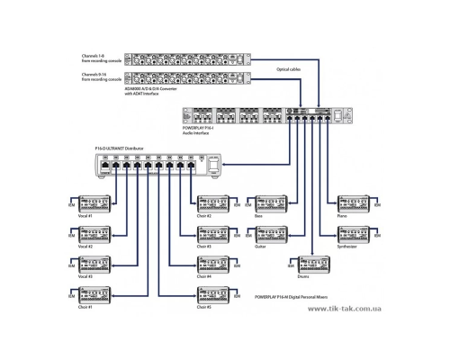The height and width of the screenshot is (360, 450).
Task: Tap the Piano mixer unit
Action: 352,203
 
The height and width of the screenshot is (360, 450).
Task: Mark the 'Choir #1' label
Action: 86,307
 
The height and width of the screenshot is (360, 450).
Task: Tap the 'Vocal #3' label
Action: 86,276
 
